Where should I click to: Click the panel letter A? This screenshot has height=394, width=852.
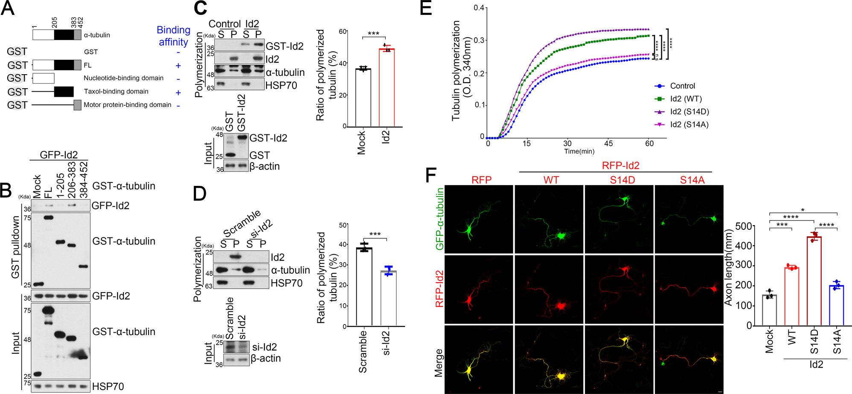pyautogui.click(x=8, y=8)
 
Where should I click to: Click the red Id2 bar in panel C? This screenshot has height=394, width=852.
pyautogui.click(x=386, y=87)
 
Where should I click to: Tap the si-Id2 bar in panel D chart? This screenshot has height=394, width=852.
pyautogui.click(x=388, y=298)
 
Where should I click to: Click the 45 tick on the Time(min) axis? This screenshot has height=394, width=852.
pyautogui.click(x=608, y=143)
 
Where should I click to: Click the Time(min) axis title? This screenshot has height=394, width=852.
pyautogui.click(x=579, y=151)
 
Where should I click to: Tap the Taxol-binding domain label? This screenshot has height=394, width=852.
pyautogui.click(x=116, y=92)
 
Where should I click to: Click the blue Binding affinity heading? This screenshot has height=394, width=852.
pyautogui.click(x=173, y=36)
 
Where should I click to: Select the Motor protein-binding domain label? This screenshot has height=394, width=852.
pyautogui.click(x=127, y=105)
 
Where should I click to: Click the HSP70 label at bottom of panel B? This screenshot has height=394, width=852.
pyautogui.click(x=108, y=386)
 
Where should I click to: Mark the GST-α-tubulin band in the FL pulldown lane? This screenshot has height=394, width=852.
pyautogui.click(x=48, y=217)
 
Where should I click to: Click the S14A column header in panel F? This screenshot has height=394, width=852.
pyautogui.click(x=692, y=180)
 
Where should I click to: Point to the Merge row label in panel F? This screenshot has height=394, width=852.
pyautogui.click(x=439, y=362)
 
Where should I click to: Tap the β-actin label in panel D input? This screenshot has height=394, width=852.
pyautogui.click(x=266, y=359)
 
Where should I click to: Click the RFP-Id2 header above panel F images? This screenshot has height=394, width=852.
pyautogui.click(x=620, y=165)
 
